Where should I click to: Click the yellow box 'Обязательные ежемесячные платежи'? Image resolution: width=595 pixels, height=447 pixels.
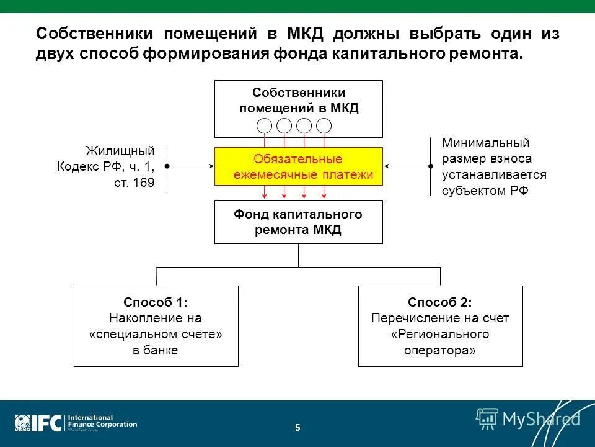[299, 166]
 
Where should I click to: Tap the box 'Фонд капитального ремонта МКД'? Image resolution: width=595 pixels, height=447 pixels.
[299, 222]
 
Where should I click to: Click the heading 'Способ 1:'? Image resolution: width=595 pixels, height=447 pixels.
[156, 302]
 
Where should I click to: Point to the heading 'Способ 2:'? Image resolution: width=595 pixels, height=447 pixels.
[440, 302]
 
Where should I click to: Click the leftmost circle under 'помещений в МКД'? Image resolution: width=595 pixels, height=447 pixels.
[265, 125]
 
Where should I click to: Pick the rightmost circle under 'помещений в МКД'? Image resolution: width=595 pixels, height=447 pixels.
[324, 125]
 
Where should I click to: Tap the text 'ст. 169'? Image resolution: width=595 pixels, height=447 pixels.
[134, 183]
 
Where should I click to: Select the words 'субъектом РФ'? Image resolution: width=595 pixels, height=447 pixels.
[485, 191]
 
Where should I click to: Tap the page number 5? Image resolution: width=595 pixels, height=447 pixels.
[297, 427]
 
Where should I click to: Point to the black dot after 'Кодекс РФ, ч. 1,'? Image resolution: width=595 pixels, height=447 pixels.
[167, 166]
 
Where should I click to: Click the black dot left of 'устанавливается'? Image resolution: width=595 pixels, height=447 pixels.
[431, 166]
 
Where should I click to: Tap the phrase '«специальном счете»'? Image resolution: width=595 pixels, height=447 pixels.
[156, 334]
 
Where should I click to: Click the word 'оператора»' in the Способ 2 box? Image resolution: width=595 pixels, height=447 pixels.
[440, 350]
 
